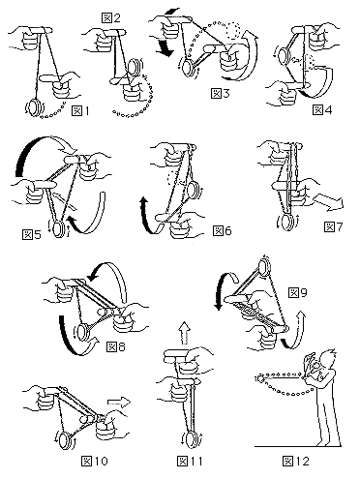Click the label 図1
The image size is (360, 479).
(80, 111)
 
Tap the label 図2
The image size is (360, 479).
(111, 17)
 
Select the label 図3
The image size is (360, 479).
(221, 94)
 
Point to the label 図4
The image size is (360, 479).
(322, 109)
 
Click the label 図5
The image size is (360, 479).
(32, 234)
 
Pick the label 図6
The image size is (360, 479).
(223, 230)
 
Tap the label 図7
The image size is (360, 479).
(333, 227)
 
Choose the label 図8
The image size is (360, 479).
(116, 347)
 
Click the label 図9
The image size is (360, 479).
(298, 292)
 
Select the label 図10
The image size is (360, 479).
(95, 461)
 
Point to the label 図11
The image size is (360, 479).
(190, 461)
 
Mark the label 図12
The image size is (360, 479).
(296, 461)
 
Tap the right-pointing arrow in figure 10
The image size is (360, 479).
(119, 403)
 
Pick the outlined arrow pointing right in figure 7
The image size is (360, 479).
(329, 202)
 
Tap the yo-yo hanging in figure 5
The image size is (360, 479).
(59, 228)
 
